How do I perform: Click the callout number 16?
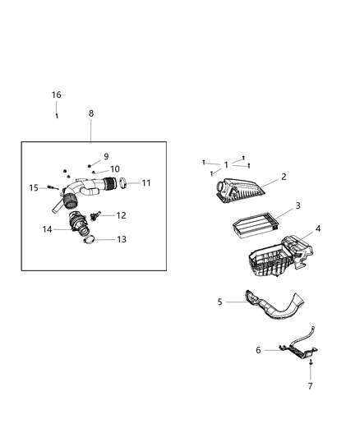pos(57,95)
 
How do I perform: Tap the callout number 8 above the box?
pos(90,113)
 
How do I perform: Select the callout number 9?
pos(105,156)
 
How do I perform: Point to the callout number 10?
pos(115,169)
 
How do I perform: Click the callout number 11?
pos(146,182)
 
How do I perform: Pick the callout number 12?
pos(121,215)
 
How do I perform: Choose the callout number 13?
pos(121,240)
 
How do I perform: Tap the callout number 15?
pos(35,188)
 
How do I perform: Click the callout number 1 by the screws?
pos(226,165)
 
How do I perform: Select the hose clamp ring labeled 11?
pos(121,182)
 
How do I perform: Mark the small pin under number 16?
pos(57,116)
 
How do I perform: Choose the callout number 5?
pos(220,302)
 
